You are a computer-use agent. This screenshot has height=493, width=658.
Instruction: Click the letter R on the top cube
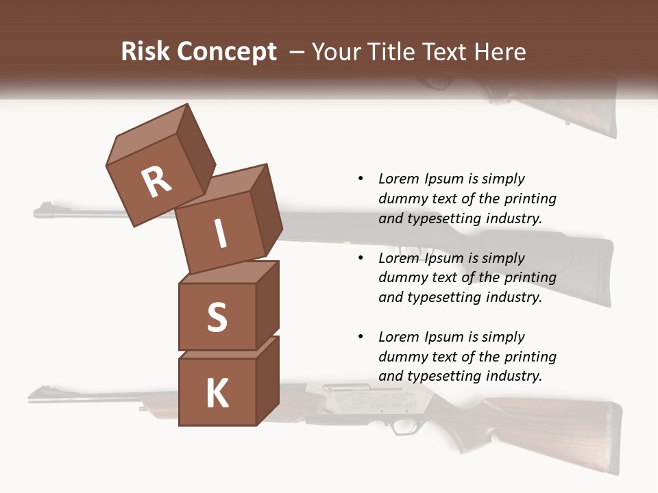tap(157, 181)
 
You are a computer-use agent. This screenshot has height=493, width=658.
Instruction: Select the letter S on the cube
tap(217, 317)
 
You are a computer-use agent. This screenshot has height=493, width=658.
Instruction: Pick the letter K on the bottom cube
tap(217, 394)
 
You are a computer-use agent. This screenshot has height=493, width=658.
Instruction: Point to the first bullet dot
tap(361, 179)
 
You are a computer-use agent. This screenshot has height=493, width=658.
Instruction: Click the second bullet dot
tap(361, 258)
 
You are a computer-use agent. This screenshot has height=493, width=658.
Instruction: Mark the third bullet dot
tap(361, 337)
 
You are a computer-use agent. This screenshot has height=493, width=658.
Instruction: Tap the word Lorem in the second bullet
tap(398, 258)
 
